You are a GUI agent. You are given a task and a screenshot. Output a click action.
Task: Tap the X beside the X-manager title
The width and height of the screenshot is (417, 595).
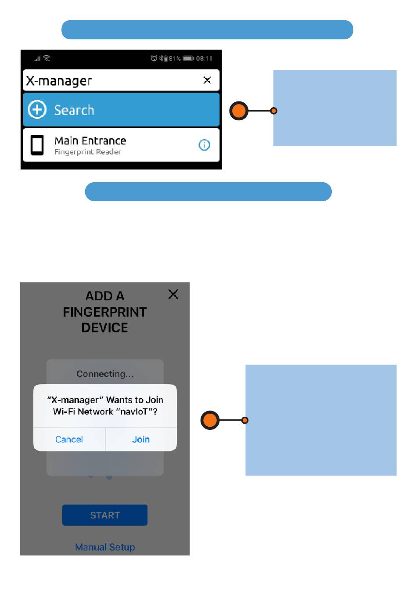coord(207,80)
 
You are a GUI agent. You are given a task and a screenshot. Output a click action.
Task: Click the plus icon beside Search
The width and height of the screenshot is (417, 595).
coord(37,109)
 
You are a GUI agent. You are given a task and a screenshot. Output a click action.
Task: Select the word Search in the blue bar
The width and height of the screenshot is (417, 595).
coord(74,110)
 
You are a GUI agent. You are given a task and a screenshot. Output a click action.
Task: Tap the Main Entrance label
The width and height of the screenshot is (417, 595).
coord(90,141)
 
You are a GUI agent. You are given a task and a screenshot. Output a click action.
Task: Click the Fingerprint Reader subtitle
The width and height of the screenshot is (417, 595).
coord(87,152)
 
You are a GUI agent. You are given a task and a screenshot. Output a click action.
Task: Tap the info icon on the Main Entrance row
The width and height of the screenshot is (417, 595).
coord(204,145)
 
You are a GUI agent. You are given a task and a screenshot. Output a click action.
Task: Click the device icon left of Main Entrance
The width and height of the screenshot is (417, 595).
coord(37,145)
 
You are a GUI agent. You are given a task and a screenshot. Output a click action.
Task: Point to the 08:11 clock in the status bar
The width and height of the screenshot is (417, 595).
coord(204,58)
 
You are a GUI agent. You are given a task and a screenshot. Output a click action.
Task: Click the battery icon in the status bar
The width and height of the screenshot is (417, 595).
coord(188,58)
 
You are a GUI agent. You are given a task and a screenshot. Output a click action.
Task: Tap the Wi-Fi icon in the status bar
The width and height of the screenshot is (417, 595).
coord(47,58)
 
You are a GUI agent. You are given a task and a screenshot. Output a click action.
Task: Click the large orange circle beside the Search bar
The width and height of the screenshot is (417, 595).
coord(239,111)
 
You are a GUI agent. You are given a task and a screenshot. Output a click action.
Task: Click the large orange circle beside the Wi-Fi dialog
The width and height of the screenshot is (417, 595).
coord(210,420)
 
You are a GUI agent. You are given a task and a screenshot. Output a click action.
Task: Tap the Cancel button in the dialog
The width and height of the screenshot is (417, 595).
coord(69,440)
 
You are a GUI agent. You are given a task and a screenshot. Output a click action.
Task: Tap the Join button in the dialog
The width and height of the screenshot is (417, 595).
coord(141,440)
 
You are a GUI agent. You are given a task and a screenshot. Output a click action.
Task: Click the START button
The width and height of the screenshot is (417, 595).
coord(105,515)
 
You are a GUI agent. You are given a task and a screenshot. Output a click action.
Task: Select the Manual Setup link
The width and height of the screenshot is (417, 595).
coord(105,547)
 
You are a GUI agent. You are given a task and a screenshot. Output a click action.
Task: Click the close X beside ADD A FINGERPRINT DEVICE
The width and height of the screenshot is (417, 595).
coord(173,294)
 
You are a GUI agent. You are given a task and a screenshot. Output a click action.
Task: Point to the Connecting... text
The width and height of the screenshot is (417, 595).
coord(105,374)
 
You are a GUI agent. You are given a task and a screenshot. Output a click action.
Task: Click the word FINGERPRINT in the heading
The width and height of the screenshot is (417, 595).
coord(105,312)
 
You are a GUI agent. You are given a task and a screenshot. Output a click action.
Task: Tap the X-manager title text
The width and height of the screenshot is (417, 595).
coord(59,81)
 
